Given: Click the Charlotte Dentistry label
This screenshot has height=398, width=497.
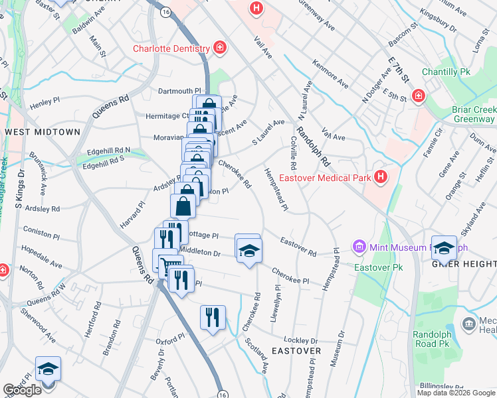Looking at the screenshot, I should (x=171, y=48).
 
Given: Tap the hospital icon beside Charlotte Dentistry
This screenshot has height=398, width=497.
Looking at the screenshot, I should (x=219, y=48).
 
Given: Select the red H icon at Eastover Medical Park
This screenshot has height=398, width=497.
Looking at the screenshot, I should (x=381, y=177).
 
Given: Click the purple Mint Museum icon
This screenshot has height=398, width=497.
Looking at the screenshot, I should (x=359, y=247).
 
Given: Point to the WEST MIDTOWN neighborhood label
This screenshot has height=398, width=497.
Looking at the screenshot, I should (x=43, y=132).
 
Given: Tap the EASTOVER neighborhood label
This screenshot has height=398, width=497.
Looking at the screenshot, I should (x=296, y=350).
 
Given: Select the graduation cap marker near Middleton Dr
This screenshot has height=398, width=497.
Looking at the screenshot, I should (x=248, y=249).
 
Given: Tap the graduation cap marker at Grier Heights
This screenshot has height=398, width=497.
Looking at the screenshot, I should (x=445, y=247).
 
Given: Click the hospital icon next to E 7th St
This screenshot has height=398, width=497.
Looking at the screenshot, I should (x=419, y=96).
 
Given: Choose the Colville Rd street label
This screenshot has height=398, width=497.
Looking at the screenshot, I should (x=292, y=153).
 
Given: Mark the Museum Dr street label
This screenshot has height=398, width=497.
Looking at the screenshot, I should (x=342, y=349).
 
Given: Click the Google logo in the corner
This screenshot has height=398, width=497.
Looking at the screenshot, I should (x=22, y=389).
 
